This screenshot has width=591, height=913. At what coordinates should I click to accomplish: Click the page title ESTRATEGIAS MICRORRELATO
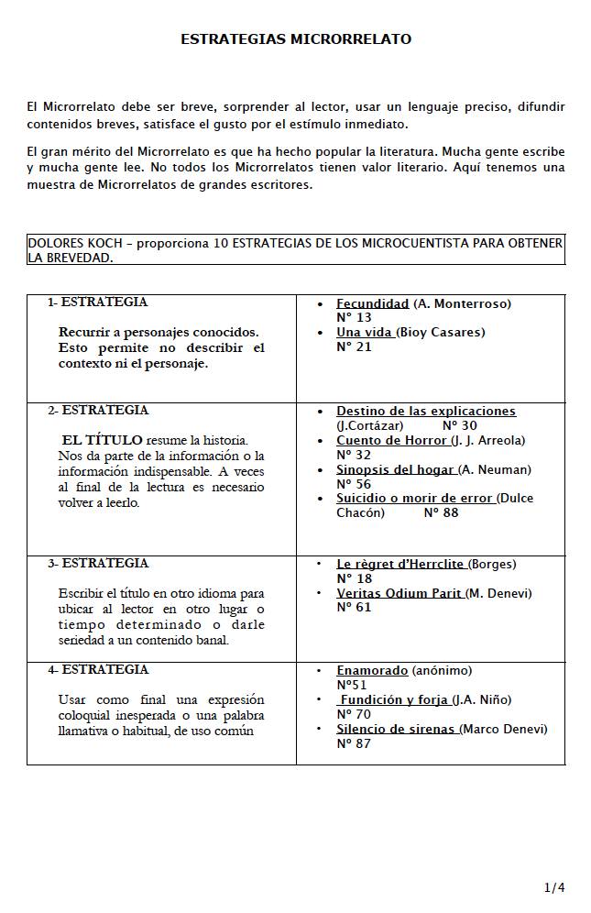coord(295,39)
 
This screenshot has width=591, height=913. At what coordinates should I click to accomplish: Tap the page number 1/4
coord(554,887)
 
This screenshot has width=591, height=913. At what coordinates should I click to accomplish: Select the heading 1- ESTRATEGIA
coord(97,302)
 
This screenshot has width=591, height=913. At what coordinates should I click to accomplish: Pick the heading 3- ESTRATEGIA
coord(98,564)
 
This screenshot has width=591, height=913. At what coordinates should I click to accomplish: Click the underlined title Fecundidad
coord(372,303)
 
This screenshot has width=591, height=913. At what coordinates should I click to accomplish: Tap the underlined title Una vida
coord(365,332)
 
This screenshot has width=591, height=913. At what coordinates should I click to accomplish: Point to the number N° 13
coord(354,317)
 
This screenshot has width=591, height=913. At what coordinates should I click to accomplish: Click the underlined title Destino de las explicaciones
coord(426,412)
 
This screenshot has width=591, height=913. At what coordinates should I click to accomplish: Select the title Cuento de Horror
coord(391,440)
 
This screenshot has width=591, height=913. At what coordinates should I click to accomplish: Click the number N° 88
coord(441,512)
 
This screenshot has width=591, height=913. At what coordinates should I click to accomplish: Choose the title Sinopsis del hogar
coord(395,469)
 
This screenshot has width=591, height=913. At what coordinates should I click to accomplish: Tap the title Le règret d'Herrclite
coord(399,564)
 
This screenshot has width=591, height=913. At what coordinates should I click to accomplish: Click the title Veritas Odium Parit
coord(399,593)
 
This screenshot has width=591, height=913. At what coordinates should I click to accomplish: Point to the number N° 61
coord(354,607)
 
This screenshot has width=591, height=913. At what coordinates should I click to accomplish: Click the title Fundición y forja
coord(393,699)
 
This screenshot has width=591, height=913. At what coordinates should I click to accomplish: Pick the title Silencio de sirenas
coord(395,729)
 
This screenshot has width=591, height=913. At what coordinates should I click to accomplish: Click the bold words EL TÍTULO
coord(102,441)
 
